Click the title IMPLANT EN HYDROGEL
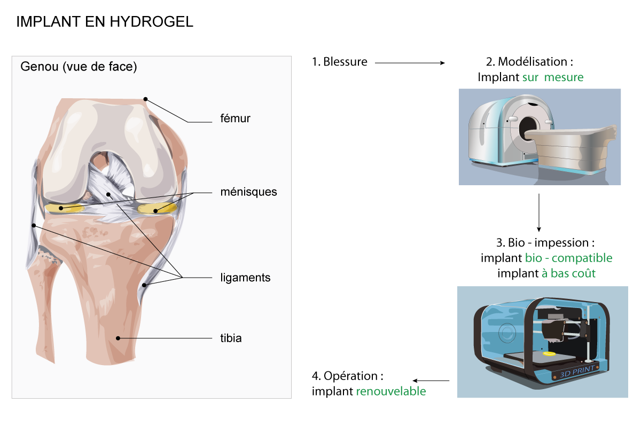(105, 22)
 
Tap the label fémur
(235, 118)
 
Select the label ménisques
(249, 192)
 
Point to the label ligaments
(245, 278)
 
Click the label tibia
(231, 338)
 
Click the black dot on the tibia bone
(118, 338)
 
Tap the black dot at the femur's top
(146, 99)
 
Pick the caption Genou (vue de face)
(79, 67)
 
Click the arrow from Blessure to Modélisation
(410, 63)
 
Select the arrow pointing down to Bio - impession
(539, 212)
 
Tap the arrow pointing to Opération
(431, 381)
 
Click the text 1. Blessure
(340, 62)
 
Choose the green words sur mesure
(553, 77)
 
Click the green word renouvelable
(391, 391)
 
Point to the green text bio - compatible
(569, 258)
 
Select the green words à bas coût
(568, 273)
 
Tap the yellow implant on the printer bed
(549, 354)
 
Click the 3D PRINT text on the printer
(577, 372)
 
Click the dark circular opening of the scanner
(527, 129)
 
